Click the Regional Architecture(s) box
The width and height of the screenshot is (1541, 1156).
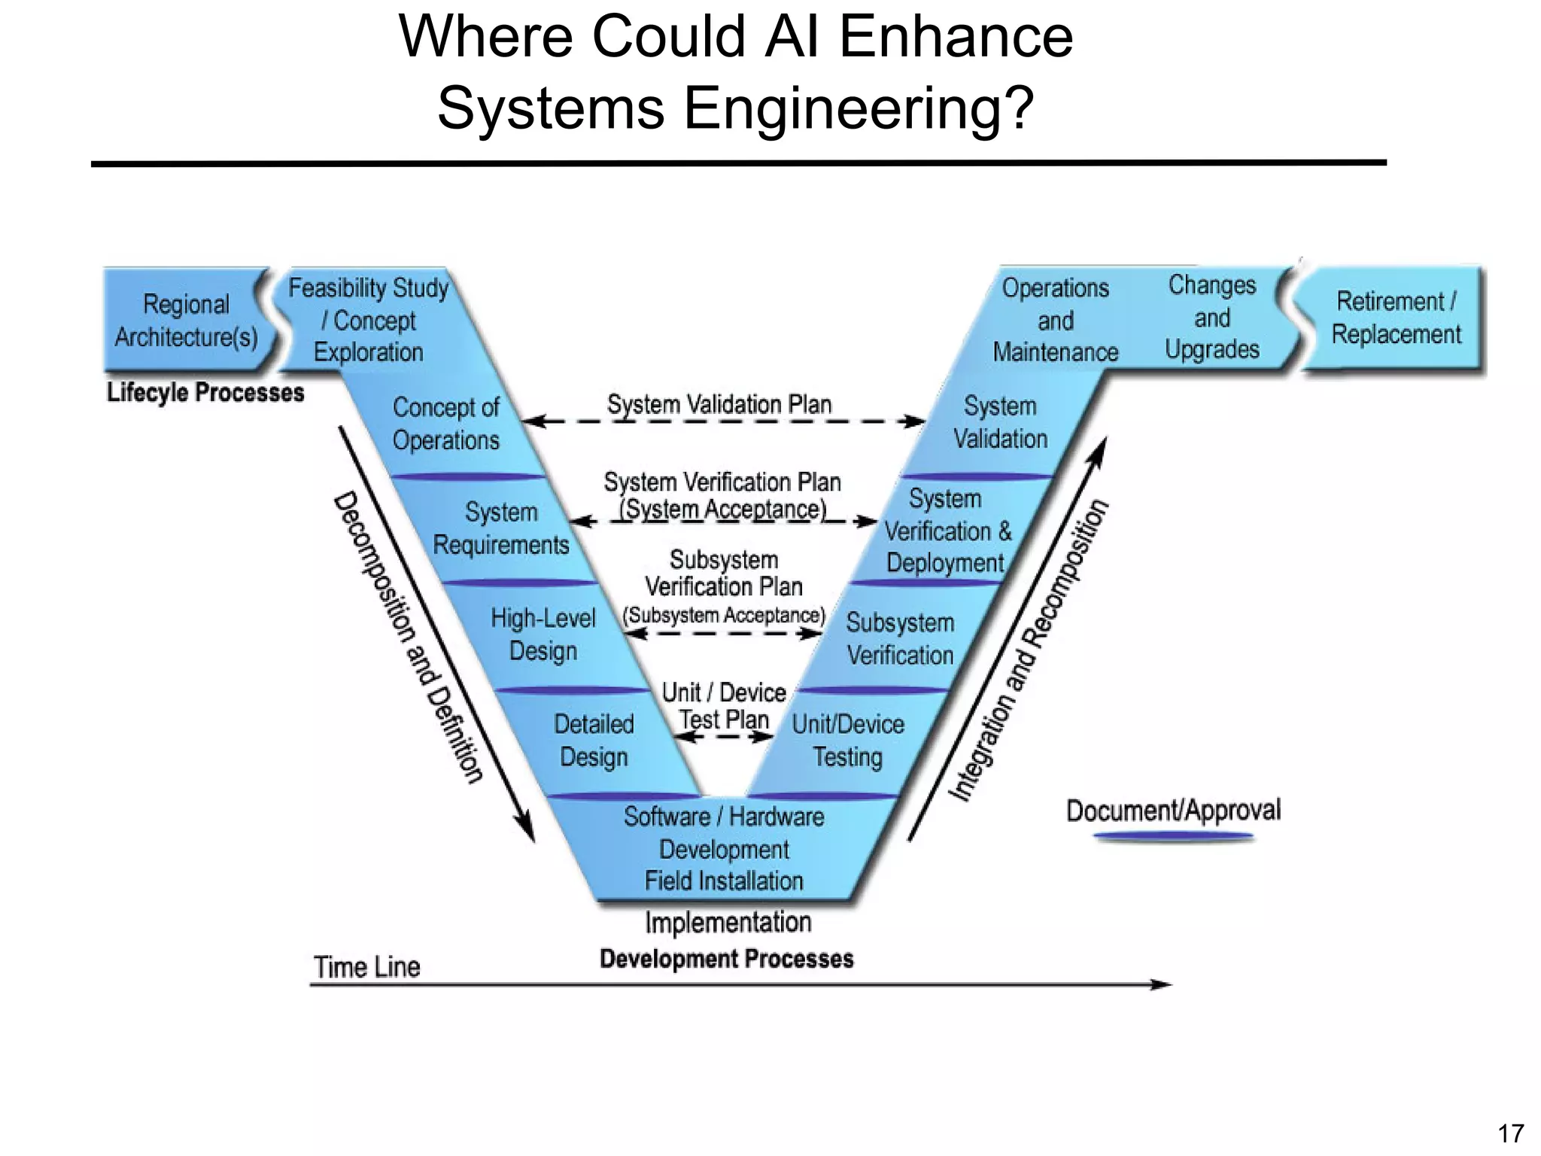click(186, 320)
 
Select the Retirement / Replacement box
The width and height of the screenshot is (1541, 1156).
click(1396, 318)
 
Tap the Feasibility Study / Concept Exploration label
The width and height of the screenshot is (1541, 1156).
click(369, 320)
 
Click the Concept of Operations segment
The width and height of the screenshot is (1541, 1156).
click(445, 424)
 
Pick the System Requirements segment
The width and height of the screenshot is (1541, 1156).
click(501, 528)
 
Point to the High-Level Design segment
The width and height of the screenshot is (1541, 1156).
click(543, 634)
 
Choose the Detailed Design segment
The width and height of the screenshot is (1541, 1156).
click(594, 741)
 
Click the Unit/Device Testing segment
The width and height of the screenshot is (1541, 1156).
click(848, 741)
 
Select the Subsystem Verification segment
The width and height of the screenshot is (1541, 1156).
click(900, 639)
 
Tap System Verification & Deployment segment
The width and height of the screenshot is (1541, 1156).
click(947, 531)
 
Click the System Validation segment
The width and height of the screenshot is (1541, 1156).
click(1000, 422)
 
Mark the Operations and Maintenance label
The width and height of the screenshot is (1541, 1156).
click(1055, 320)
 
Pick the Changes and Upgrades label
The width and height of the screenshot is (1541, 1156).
click(1211, 317)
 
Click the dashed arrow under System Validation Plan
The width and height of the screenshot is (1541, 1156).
click(722, 421)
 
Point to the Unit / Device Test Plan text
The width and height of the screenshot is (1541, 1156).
click(724, 705)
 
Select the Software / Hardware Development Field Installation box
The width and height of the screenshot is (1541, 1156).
click(724, 849)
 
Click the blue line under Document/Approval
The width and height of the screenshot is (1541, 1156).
click(1173, 836)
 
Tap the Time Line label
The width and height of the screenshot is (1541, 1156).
click(366, 967)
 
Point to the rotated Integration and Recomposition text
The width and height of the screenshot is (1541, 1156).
click(1028, 651)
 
